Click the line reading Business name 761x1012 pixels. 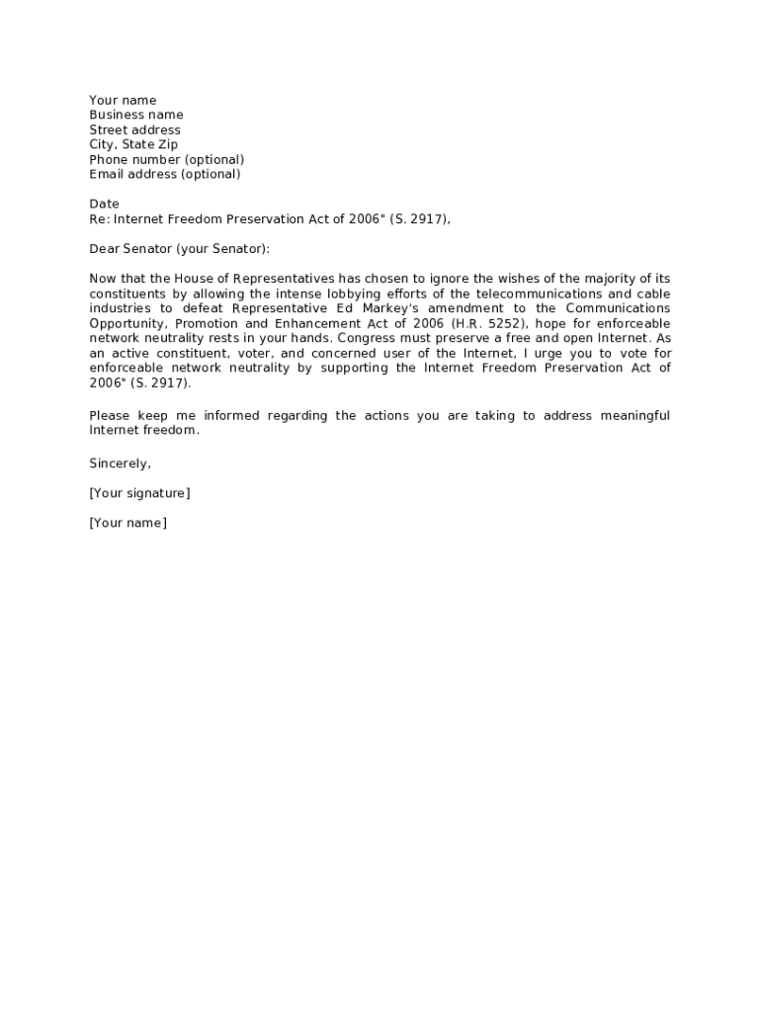click(x=136, y=115)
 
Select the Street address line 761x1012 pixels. click(x=134, y=129)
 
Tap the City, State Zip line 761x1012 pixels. click(x=133, y=144)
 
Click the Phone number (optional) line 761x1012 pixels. click(x=166, y=159)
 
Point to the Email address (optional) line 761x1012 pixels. click(x=164, y=174)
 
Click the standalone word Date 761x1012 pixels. click(x=104, y=204)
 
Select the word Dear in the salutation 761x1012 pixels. click(x=104, y=249)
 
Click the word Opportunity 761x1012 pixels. click(x=126, y=323)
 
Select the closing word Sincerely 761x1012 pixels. click(x=120, y=463)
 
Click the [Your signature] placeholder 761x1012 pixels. click(x=139, y=492)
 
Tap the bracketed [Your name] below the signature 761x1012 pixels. click(x=127, y=522)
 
